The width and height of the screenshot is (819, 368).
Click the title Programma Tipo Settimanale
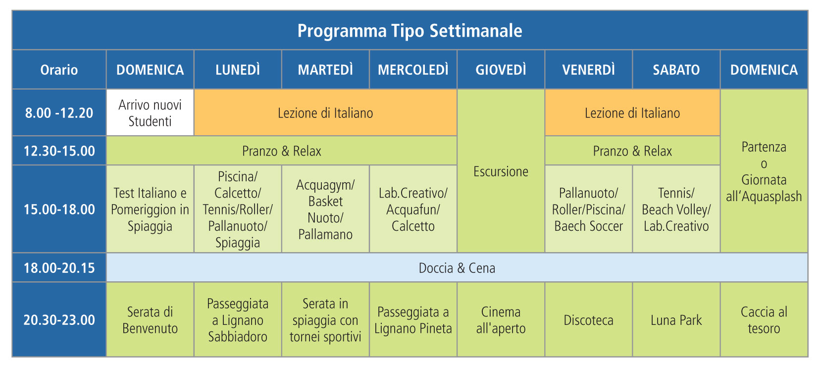409,31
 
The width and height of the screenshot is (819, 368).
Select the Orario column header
59,69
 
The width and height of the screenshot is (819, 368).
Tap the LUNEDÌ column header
238,69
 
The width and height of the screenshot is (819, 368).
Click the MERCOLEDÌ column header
413,69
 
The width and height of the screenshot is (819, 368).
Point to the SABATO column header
676,69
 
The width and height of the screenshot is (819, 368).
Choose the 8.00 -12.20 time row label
59,112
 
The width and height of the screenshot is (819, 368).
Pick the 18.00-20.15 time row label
59,268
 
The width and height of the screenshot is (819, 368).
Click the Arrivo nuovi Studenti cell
150,112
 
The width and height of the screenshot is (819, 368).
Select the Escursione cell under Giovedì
501,171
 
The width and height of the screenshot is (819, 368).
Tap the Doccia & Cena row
457,268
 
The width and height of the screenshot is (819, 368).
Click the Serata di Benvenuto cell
150,320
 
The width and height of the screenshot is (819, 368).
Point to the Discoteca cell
588,320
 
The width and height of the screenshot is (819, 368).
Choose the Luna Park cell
676,320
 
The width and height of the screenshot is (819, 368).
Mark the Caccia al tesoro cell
764,320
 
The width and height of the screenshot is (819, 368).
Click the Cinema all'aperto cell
501,320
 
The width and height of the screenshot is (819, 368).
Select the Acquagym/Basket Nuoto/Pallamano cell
325,209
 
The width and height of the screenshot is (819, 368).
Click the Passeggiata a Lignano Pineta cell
413,320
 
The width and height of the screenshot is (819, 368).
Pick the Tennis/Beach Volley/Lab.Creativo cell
676,209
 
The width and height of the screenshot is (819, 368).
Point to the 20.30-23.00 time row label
59,320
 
